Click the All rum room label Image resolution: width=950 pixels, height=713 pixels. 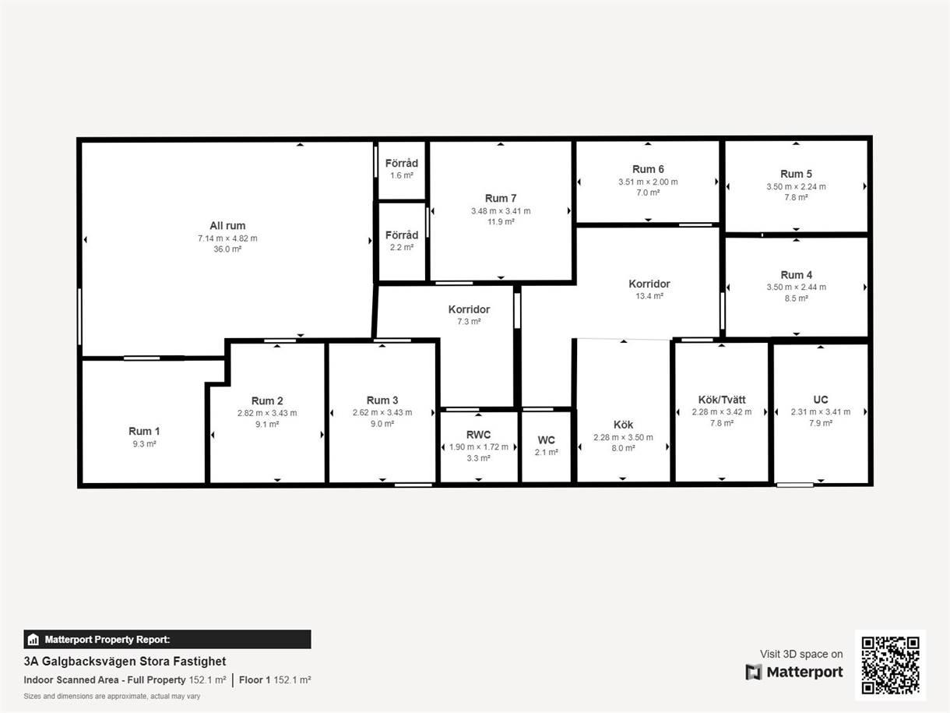(227, 225)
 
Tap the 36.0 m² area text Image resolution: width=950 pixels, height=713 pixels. (227, 249)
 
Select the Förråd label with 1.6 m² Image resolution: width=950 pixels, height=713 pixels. (402, 163)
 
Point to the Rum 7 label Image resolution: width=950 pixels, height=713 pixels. (501, 198)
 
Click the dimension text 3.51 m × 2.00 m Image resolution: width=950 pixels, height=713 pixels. (648, 182)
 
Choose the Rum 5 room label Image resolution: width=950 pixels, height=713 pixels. (796, 174)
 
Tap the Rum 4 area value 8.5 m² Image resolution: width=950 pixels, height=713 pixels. (796, 298)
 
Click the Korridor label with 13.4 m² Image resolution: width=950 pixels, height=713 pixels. (649, 284)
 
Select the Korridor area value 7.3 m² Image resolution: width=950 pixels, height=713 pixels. (469, 322)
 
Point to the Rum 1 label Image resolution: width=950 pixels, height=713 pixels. (144, 431)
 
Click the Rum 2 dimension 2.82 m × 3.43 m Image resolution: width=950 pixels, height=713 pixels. (267, 413)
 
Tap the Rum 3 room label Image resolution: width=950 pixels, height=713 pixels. (382, 400)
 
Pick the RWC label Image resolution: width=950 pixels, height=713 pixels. (478, 435)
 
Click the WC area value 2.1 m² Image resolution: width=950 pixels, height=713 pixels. (546, 453)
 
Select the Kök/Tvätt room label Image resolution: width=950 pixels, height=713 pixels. (722, 400)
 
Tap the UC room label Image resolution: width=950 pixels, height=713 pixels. (820, 400)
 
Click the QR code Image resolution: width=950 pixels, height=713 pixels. (890, 665)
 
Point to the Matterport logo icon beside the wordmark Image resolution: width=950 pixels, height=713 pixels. (754, 672)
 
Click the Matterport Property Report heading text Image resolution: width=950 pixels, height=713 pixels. (107, 640)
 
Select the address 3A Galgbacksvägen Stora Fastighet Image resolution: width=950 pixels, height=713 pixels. (125, 662)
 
